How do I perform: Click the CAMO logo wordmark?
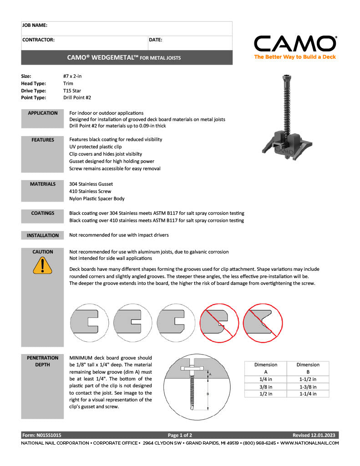tap(295, 44)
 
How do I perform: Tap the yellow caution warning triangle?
tap(42, 266)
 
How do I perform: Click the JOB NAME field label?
tap(35, 25)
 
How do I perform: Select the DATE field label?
tap(156, 40)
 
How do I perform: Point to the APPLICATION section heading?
tap(42, 113)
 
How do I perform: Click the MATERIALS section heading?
tap(42, 184)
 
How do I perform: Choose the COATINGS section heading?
tap(42, 213)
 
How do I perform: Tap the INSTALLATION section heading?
tap(42, 235)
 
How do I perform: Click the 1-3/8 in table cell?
tap(308, 387)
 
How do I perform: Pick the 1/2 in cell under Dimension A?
tap(266, 394)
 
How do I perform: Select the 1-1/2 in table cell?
tap(308, 379)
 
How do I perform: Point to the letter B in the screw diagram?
tap(208, 394)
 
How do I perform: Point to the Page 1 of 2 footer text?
tap(180, 435)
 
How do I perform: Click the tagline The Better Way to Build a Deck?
tap(295, 57)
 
